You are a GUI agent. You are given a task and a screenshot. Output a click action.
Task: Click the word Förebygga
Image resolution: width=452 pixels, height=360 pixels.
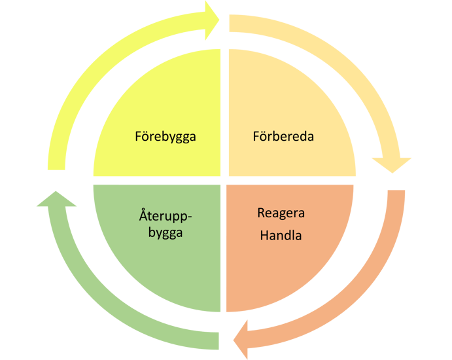point(165,137)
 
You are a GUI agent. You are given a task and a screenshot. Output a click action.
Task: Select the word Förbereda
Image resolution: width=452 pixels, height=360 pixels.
point(283,136)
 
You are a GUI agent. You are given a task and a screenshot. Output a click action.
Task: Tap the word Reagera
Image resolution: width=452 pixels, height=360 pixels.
point(281,213)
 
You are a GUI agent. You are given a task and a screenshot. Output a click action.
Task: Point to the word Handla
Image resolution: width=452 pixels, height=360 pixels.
point(281,235)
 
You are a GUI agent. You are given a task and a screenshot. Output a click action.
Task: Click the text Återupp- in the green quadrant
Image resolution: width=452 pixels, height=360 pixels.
point(165,216)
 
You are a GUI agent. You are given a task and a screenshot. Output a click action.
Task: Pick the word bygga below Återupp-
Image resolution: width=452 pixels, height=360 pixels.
point(165,233)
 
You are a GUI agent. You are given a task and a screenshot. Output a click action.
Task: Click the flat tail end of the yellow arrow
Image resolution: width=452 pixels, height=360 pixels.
point(56,170)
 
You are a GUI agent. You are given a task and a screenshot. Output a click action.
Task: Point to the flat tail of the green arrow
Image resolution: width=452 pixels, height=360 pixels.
point(218,341)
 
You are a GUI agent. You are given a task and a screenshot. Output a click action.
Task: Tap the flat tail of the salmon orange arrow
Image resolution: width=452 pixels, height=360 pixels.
point(396,190)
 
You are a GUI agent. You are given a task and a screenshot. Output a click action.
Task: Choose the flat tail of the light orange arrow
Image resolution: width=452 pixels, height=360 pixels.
point(230,24)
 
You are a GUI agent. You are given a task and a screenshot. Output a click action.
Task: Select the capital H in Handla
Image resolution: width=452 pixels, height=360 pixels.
point(264,235)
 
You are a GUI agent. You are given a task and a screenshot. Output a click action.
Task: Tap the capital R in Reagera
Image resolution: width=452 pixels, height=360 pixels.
point(261,213)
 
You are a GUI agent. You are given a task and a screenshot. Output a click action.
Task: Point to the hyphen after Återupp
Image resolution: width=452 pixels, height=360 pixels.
point(190,216)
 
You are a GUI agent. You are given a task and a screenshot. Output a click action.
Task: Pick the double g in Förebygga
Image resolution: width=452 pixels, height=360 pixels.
point(183,138)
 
